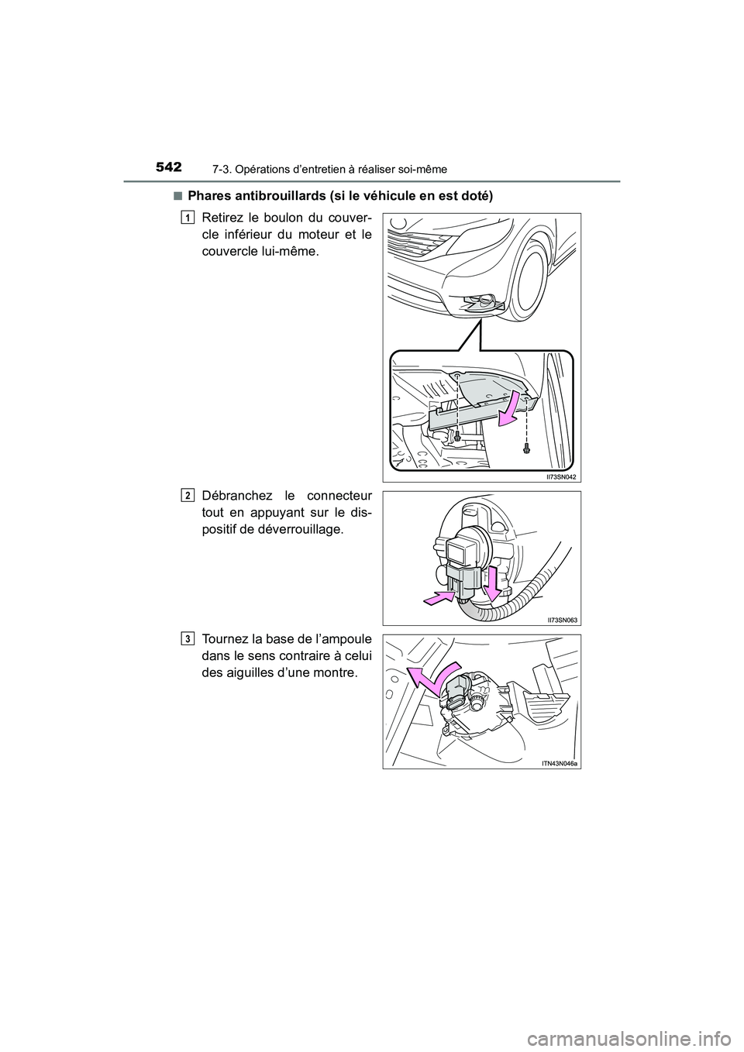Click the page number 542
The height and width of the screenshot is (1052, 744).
point(167,167)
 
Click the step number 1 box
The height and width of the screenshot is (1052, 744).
point(187,217)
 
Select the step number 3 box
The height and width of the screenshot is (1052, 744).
point(187,638)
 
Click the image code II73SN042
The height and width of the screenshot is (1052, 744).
point(561,476)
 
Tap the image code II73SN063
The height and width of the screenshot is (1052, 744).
point(561,620)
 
